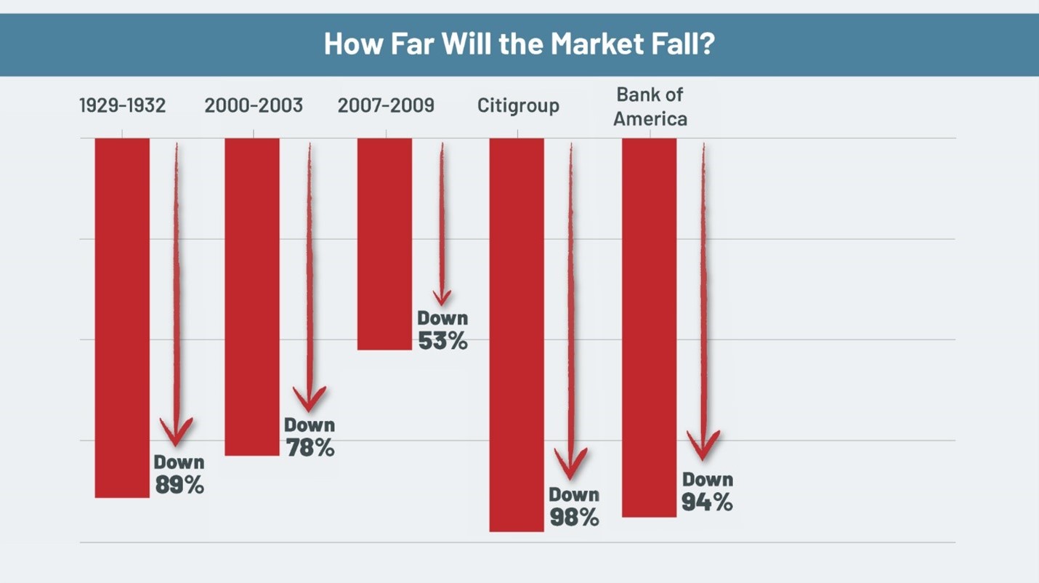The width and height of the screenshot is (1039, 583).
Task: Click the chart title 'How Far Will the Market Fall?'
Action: coord(519,44)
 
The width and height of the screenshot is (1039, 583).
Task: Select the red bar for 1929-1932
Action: coord(122,318)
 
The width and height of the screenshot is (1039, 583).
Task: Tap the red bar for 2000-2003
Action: coord(252,297)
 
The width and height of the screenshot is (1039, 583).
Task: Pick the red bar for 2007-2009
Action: coord(384,244)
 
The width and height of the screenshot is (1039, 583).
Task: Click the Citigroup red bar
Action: coord(517,334)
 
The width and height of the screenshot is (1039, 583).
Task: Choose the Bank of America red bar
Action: coord(650,327)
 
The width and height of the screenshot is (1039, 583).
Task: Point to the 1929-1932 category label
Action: coord(122,106)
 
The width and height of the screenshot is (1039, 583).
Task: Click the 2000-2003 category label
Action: coord(253,106)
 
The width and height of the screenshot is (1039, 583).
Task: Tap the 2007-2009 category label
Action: coord(386,106)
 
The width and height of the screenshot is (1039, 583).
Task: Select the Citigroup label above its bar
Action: coord(518,106)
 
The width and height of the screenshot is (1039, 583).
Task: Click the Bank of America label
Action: coord(650,107)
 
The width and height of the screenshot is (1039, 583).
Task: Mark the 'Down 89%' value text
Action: coord(179,475)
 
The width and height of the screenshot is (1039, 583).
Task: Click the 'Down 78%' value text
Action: coord(310,438)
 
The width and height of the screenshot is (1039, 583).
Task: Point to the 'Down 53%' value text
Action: coord(442,330)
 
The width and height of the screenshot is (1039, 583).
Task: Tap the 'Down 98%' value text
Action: coord(574,507)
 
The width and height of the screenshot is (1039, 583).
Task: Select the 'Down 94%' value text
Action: coord(707,491)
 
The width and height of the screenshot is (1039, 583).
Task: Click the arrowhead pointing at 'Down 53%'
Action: coord(442,297)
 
